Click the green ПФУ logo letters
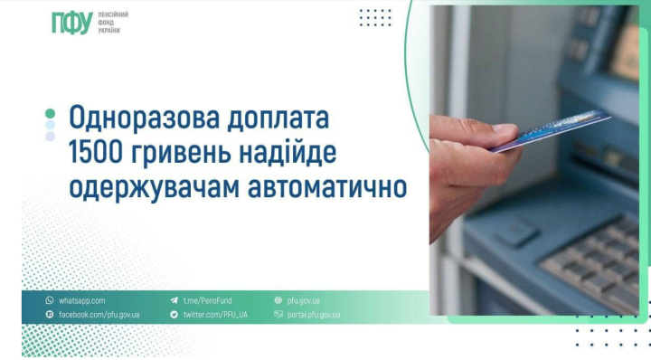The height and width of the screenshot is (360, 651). point(71,24)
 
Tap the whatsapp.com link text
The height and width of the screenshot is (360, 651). point(82,300)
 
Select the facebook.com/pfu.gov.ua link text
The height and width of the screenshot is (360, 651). point(99,315)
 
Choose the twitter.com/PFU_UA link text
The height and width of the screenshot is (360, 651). point(215,315)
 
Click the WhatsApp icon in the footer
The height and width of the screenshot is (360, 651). point(50,300)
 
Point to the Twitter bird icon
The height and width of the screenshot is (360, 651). point(174,315)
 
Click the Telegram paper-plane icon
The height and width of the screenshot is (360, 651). point(174,300)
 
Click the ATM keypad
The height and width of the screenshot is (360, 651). point(598,258)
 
